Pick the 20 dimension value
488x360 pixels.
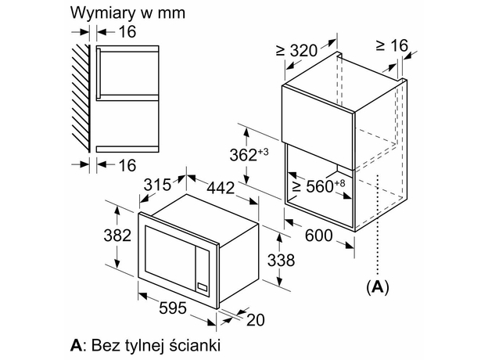tap(254, 319)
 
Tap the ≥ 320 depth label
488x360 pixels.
tap(296, 51)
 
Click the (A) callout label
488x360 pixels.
tap(377, 287)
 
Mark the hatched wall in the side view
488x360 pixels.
tap(81, 98)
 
